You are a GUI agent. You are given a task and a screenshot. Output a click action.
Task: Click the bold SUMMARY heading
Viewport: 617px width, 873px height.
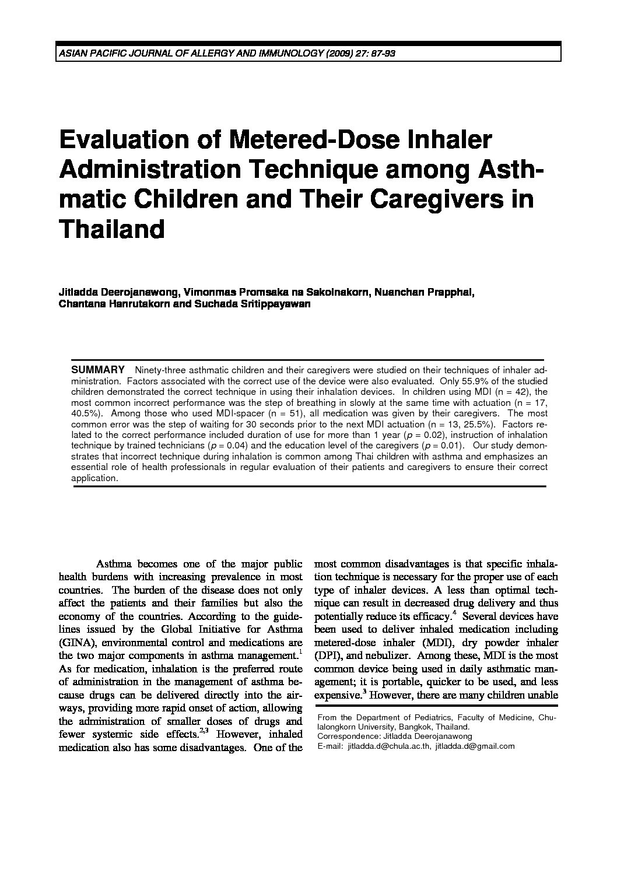point(97,370)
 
